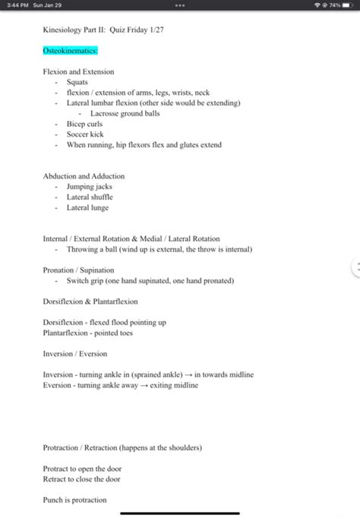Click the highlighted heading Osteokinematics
point(71,51)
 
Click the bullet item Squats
point(77,82)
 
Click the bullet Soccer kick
point(85,134)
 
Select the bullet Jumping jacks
point(89,187)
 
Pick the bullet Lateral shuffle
point(90,197)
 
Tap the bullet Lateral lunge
point(87,208)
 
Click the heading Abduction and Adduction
point(84,176)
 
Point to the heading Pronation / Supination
point(78,270)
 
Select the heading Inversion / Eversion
point(74,354)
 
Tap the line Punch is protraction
point(74,501)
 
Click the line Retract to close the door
point(82,479)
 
